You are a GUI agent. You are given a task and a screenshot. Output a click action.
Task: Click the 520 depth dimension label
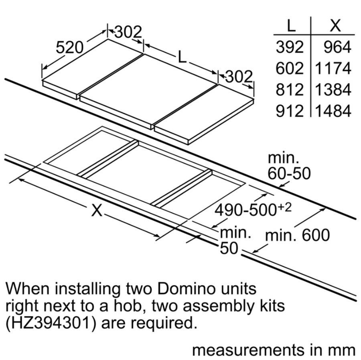click(69, 48)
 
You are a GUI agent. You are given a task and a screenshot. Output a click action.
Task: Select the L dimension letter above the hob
click(183, 57)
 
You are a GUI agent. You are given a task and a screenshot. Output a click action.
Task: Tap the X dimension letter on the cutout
click(97, 210)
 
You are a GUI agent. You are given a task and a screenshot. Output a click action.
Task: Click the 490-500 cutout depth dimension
click(253, 209)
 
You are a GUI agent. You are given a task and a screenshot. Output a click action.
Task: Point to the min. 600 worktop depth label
click(297, 235)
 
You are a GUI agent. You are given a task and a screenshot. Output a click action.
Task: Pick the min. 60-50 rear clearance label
click(289, 165)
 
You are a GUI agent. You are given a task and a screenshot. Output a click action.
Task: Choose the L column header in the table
click(292, 26)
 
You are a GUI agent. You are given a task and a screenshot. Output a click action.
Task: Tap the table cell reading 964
click(337, 47)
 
